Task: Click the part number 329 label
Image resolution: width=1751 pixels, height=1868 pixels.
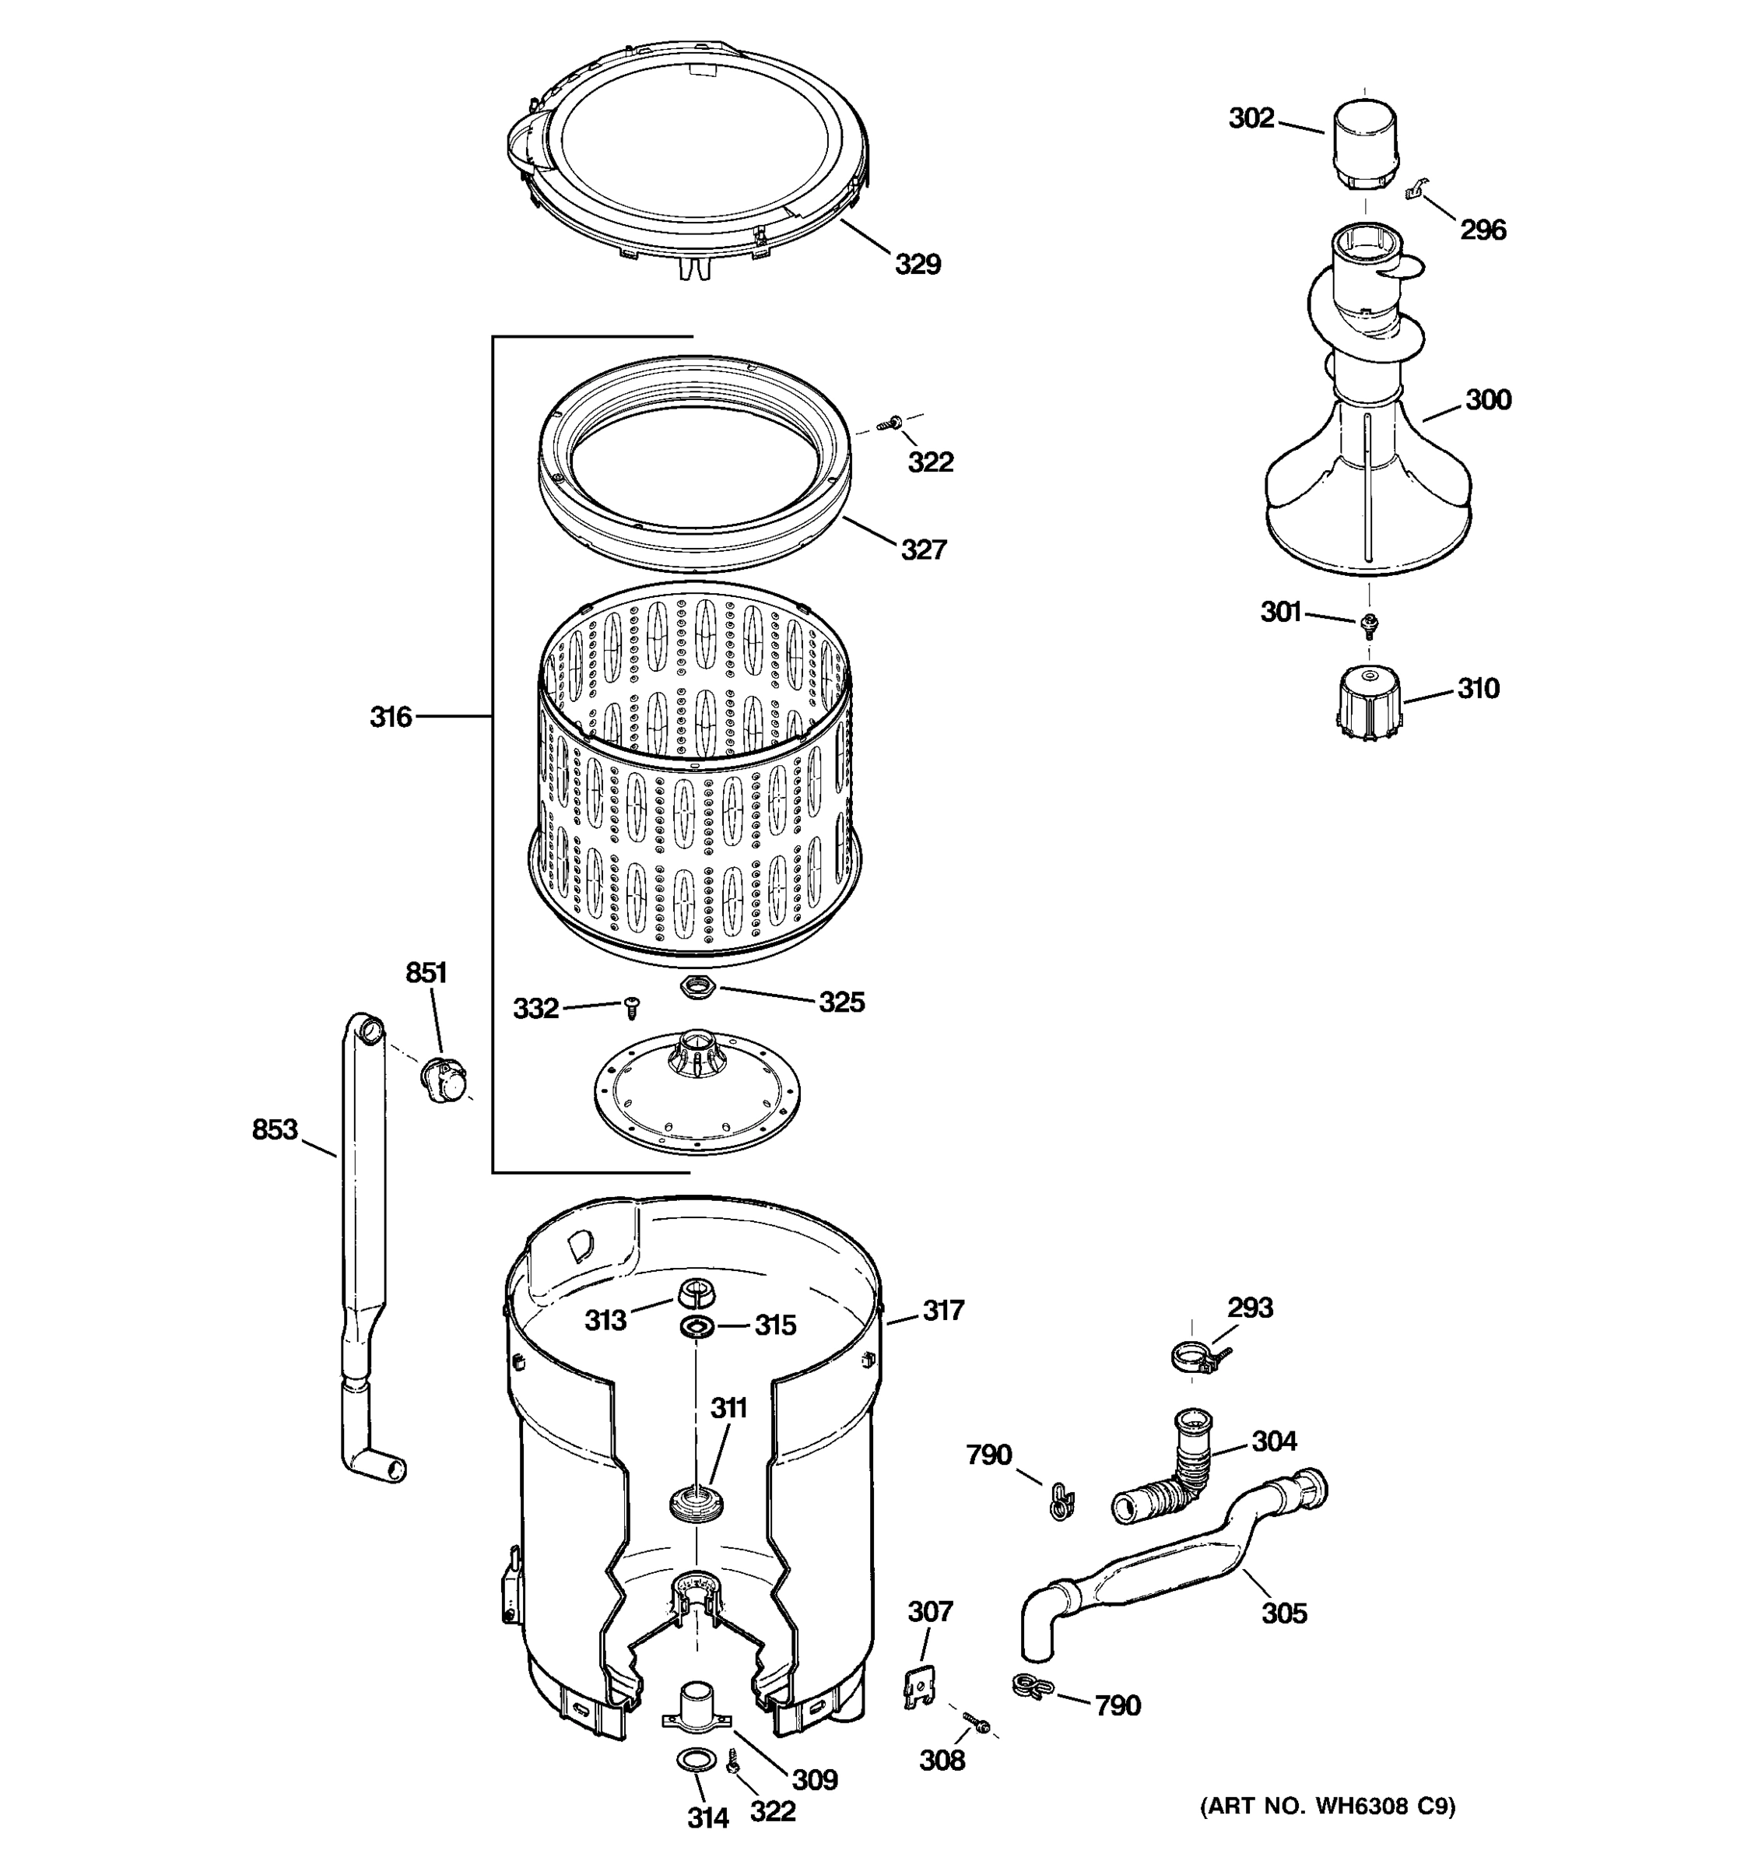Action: (x=917, y=265)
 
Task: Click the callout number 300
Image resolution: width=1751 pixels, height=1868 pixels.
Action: (x=1488, y=400)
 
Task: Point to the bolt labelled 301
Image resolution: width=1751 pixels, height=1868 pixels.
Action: (x=1369, y=622)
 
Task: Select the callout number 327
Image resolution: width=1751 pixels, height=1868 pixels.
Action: (x=924, y=550)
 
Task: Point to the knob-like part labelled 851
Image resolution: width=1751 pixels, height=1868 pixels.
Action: (x=444, y=1079)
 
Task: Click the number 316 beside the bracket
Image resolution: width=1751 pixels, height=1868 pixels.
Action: (x=390, y=718)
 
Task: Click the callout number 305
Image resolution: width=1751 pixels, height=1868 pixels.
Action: (x=1283, y=1613)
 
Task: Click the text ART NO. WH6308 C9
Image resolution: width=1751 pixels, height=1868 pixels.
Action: (x=1328, y=1806)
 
